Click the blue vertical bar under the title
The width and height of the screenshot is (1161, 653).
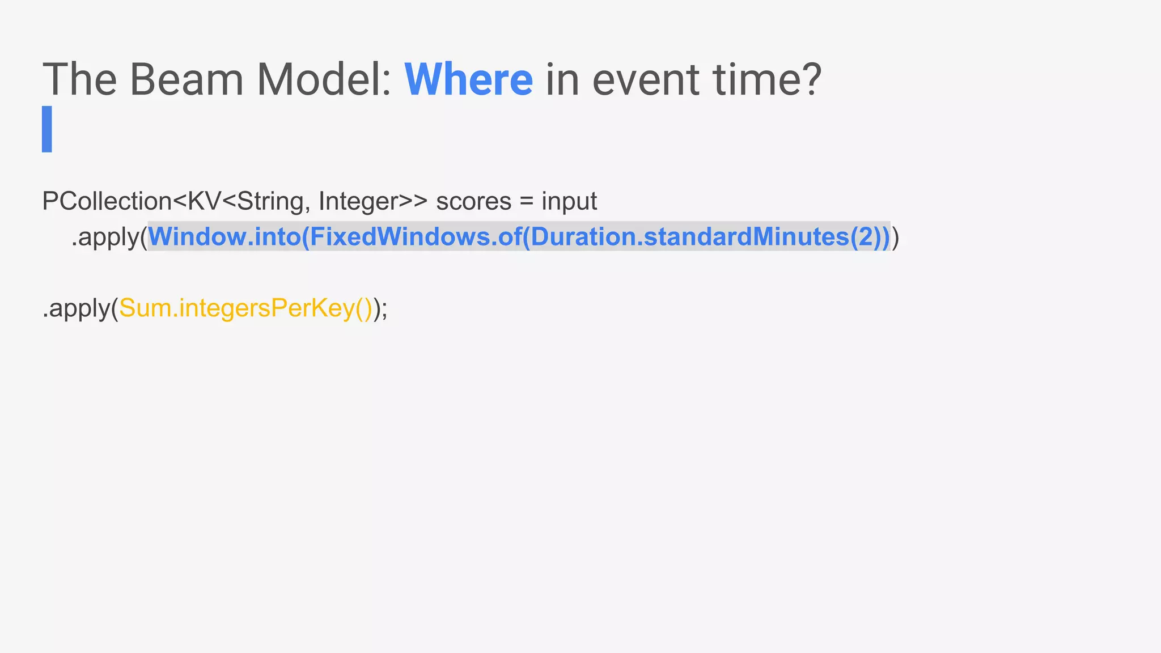tap(47, 129)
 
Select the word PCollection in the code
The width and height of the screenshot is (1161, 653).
tap(107, 201)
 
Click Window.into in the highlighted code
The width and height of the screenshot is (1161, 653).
tap(224, 237)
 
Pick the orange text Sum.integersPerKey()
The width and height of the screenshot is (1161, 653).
tap(245, 309)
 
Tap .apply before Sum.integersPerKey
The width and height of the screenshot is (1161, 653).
tap(77, 309)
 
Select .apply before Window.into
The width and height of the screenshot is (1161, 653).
tap(105, 237)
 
